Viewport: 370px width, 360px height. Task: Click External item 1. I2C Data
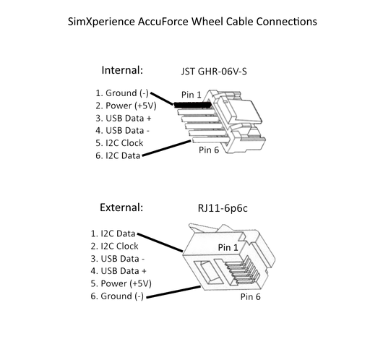[113, 233]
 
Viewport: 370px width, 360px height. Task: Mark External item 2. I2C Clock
[114, 246]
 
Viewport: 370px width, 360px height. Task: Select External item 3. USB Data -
[118, 258]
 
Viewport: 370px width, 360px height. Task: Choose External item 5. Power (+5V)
[121, 283]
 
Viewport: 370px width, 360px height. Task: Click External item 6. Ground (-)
[116, 296]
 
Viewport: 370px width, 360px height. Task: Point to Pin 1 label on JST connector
[192, 94]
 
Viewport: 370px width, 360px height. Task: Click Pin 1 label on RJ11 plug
[231, 247]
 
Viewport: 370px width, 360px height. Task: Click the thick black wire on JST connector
[192, 105]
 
